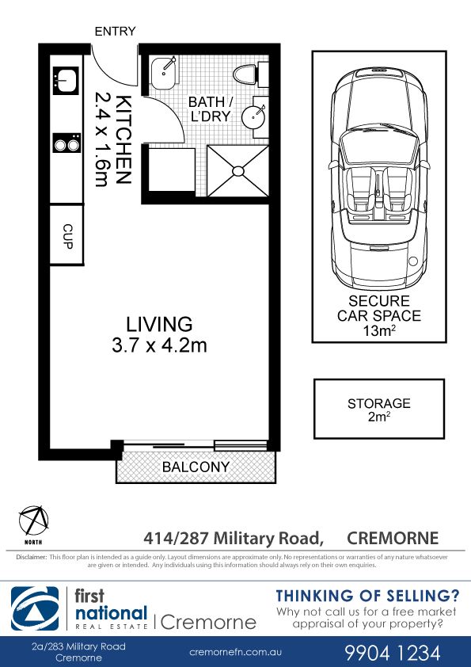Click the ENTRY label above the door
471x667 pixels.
pyautogui.click(x=115, y=32)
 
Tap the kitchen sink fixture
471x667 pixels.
pyautogui.click(x=66, y=80)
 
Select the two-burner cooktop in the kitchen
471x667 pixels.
pyautogui.click(x=66, y=143)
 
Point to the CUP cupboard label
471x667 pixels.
pyautogui.click(x=67, y=236)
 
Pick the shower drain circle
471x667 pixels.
pyautogui.click(x=237, y=171)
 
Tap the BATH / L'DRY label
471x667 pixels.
pyautogui.click(x=211, y=109)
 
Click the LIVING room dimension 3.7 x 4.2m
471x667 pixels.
pyautogui.click(x=159, y=345)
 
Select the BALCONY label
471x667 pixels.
pyautogui.click(x=196, y=467)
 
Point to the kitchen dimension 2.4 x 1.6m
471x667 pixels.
pyautogui.click(x=101, y=139)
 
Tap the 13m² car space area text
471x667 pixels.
pyautogui.click(x=378, y=330)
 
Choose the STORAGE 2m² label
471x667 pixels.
pyautogui.click(x=379, y=410)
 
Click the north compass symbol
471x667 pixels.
pyautogui.click(x=33, y=520)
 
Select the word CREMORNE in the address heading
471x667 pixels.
pyautogui.click(x=393, y=538)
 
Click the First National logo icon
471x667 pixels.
pyautogui.click(x=35, y=608)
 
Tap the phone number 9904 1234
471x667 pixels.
pyautogui.click(x=393, y=653)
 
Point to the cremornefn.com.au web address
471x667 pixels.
pyautogui.click(x=236, y=652)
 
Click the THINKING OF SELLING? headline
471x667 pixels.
pyautogui.click(x=368, y=596)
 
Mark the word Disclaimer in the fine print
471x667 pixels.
pyautogui.click(x=31, y=557)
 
